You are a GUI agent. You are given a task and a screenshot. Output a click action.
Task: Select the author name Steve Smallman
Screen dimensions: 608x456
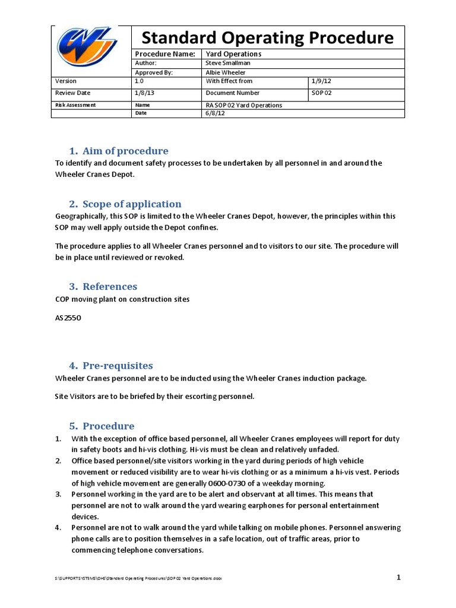[228, 62]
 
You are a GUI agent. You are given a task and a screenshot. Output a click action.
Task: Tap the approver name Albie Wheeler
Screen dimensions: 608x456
[225, 72]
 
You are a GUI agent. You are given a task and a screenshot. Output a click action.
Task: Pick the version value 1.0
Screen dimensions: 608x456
[140, 81]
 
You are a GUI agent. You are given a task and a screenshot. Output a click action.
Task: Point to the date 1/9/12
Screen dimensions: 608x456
[319, 81]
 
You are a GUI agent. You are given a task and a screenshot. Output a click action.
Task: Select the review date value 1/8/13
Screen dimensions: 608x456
[142, 93]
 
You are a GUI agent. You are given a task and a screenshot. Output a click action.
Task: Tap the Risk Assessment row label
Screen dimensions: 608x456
[75, 105]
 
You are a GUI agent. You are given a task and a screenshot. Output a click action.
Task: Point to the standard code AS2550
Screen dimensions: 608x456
[67, 318]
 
